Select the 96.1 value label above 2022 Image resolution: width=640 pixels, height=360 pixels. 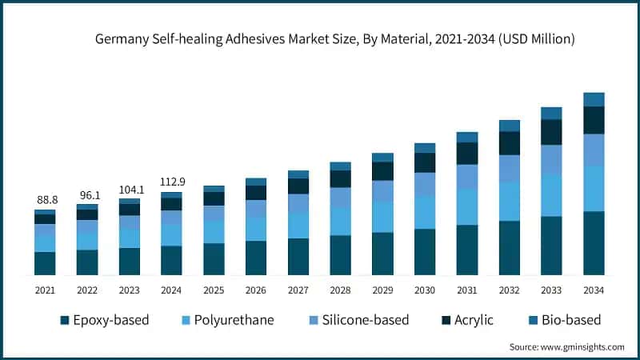pos(87,194)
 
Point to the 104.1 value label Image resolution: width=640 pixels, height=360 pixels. pos(130,189)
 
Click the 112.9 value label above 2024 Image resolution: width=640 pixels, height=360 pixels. pos(171,182)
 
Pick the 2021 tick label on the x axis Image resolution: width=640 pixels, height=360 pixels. pos(45,290)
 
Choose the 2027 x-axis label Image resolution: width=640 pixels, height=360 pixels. pos(298,290)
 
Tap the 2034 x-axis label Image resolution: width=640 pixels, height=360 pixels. pos(593,290)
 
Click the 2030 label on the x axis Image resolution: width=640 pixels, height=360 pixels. pos(424,290)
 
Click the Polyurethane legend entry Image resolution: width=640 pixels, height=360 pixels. pos(226,320)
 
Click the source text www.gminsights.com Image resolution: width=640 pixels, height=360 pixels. pos(566,346)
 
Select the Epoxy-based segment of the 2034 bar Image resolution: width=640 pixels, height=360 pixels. pos(593,244)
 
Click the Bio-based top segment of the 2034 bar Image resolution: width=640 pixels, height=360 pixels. pos(593,99)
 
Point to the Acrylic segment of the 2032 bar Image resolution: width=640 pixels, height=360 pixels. pos(509,143)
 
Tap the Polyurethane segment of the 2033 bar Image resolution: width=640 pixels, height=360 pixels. pos(551,195)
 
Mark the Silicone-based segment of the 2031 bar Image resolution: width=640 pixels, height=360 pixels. pos(466,177)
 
